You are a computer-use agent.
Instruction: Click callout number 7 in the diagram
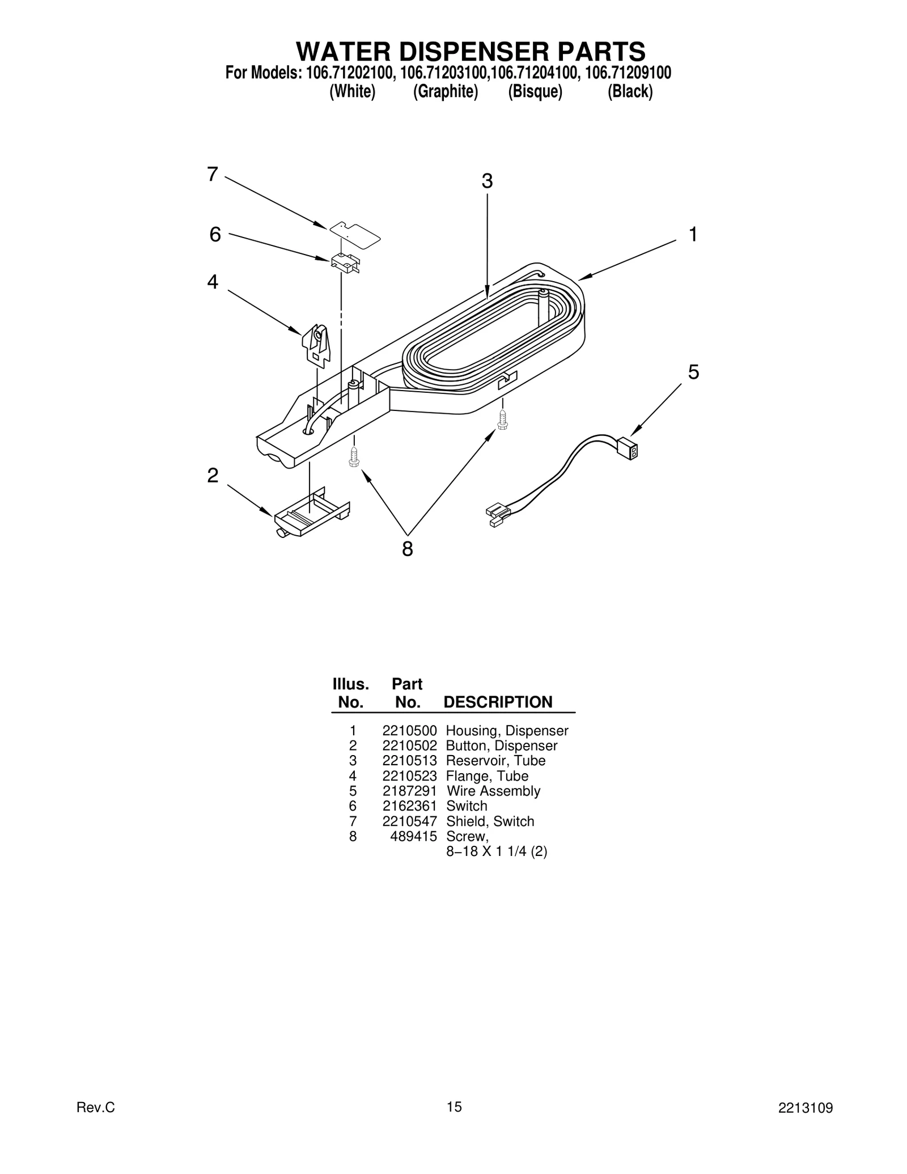(x=212, y=175)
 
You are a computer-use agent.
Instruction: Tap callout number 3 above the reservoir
(x=487, y=181)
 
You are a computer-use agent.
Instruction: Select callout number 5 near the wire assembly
(x=693, y=372)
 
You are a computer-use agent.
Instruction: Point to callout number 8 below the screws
(x=407, y=549)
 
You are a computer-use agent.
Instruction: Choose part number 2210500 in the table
(x=409, y=731)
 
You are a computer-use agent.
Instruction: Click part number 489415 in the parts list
(x=413, y=836)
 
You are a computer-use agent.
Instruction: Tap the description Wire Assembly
(x=493, y=791)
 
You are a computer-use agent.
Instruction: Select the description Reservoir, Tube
(x=495, y=761)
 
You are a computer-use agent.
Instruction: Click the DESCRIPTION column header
(x=497, y=702)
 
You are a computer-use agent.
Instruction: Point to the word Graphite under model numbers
(x=446, y=91)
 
